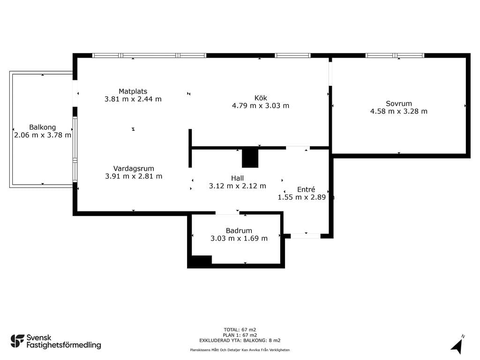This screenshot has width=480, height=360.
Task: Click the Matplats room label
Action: (133, 91)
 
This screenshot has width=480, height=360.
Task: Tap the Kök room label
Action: (261, 98)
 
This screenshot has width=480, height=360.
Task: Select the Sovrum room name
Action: (398, 104)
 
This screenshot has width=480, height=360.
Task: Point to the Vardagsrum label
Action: (134, 169)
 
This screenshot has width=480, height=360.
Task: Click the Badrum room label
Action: (239, 231)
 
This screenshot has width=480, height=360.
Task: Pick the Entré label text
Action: (306, 189)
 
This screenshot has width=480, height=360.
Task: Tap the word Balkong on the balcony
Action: (43, 127)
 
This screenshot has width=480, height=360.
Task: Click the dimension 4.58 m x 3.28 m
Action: (398, 112)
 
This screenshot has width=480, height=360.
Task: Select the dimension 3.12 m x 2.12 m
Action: (237, 186)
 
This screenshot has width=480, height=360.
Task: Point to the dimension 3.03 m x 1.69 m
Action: (239, 239)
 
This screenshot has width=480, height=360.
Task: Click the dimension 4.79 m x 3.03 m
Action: (261, 105)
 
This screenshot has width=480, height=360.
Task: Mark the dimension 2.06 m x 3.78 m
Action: (43, 135)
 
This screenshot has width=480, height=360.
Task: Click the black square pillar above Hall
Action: (250, 158)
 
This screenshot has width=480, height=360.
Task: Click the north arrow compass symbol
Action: (457, 345)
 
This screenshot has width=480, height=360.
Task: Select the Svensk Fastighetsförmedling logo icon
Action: (17, 341)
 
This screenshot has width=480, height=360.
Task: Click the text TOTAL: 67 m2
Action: (240, 330)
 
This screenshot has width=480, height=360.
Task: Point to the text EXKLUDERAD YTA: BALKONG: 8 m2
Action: (240, 340)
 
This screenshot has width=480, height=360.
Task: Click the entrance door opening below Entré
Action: (306, 236)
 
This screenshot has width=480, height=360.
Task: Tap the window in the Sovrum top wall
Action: (395, 55)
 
